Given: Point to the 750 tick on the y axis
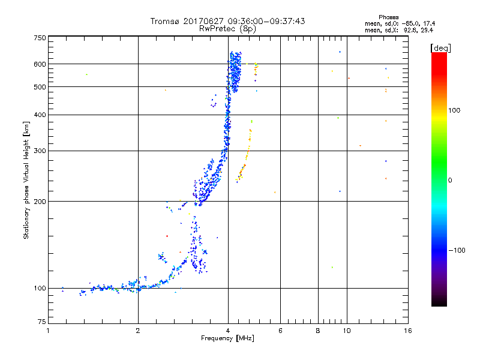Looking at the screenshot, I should coord(40,38).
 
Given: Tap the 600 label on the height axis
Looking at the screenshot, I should coord(40,64).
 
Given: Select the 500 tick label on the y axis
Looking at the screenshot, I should coord(40,87).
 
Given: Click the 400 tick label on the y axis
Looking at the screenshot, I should coord(40,115).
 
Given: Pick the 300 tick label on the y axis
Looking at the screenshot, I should coord(40,151).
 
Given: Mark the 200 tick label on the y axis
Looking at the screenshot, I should coord(40,202).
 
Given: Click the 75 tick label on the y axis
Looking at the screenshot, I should coord(41,323).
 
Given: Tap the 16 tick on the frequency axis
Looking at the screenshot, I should coord(407,331).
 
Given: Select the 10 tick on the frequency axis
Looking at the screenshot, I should coord(347,331).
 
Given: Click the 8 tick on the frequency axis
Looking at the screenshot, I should coord(318,331).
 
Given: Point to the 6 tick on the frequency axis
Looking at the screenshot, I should coord(281,331).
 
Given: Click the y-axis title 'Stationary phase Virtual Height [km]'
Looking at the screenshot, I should coord(26,180).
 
